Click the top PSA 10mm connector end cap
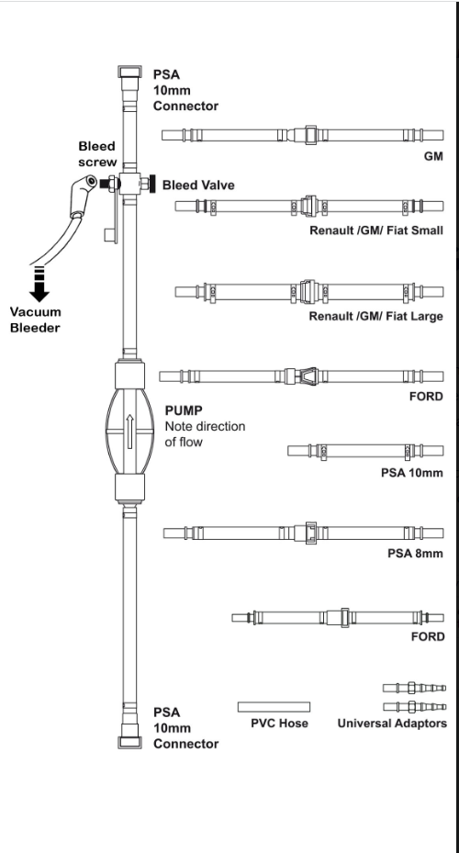pos(129,72)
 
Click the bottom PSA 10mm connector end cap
pos(129,742)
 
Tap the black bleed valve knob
pos(152,184)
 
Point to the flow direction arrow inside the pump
pos(129,432)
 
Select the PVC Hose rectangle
pos(274,707)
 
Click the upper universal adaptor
pos(414,688)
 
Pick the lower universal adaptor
pos(414,707)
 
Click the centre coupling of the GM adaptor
pos(310,135)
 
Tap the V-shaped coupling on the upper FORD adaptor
pos(309,376)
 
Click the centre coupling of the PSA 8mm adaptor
pos(310,533)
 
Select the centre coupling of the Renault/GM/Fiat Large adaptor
pos(308,292)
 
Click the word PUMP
pos(184,410)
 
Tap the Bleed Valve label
pos(198,185)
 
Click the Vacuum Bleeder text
pos(36,320)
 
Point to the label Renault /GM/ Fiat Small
pos(376,230)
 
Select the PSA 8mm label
pos(416,554)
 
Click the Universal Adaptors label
pos(392,723)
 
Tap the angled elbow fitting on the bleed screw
pos(82,195)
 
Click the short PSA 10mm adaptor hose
pos(365,451)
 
